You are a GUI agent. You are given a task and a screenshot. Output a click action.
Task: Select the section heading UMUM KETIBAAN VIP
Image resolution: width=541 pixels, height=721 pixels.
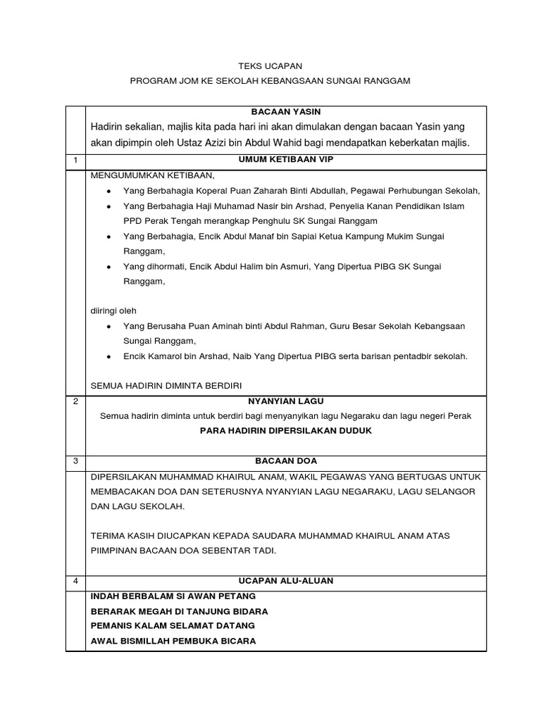click(x=286, y=160)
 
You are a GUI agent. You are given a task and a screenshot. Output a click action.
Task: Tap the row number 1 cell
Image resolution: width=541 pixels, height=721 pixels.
click(x=75, y=161)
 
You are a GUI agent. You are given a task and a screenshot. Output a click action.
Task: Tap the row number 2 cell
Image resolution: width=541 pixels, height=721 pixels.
click(x=75, y=401)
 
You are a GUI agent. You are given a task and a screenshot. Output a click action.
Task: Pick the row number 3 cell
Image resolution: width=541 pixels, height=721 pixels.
click(x=75, y=461)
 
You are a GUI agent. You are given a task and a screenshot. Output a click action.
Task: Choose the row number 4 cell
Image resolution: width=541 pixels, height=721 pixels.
click(x=75, y=581)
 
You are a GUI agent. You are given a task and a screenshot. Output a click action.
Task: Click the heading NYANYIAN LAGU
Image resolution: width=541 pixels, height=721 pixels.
click(x=286, y=401)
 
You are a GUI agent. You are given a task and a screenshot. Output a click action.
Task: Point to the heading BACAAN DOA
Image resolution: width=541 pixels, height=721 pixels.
click(x=286, y=461)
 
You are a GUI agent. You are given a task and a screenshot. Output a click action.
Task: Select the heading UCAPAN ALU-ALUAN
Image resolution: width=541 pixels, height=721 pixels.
click(x=286, y=581)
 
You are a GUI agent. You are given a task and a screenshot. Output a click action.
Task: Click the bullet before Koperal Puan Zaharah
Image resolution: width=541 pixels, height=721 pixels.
click(x=108, y=192)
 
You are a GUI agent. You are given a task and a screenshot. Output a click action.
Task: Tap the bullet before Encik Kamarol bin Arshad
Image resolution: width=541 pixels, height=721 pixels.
click(x=108, y=357)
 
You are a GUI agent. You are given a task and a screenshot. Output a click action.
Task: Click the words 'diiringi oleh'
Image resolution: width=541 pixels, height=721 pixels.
click(x=113, y=311)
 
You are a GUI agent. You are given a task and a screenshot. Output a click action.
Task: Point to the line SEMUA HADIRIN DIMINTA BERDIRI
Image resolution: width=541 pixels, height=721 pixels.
click(x=166, y=386)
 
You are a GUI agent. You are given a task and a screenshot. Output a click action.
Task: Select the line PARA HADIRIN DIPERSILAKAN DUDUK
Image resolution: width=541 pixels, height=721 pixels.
click(x=286, y=430)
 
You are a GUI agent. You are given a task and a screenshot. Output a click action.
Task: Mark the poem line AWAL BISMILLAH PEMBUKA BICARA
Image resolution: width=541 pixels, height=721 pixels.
click(x=173, y=641)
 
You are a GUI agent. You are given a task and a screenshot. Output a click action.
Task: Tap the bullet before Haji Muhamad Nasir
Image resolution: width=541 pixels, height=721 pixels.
click(x=108, y=206)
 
